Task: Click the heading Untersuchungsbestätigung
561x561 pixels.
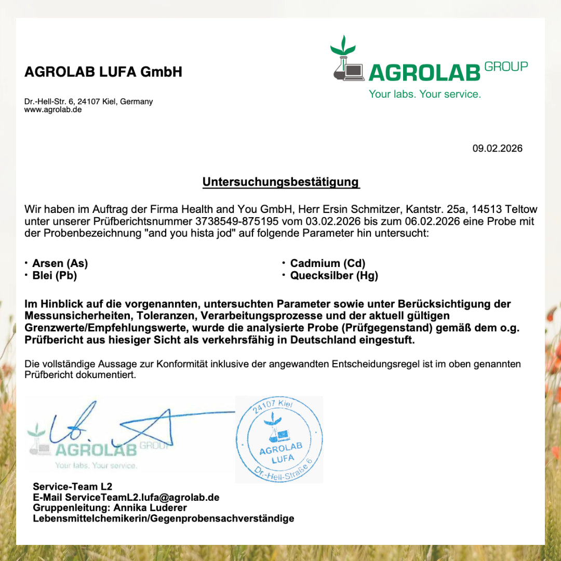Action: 280,182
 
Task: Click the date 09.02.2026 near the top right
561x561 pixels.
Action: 497,149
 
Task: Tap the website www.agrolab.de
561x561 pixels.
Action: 53,110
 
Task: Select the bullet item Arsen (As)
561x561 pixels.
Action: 60,263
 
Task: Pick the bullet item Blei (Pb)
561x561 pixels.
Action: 55,276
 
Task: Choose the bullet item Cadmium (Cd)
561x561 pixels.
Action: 328,263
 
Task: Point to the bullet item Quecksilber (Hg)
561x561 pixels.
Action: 334,276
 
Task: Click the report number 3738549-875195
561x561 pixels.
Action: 238,222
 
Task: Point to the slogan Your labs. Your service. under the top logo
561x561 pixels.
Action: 425,94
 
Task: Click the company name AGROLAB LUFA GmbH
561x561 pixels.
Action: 103,72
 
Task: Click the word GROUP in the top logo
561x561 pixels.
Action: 506,66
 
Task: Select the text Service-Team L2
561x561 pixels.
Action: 72,487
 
